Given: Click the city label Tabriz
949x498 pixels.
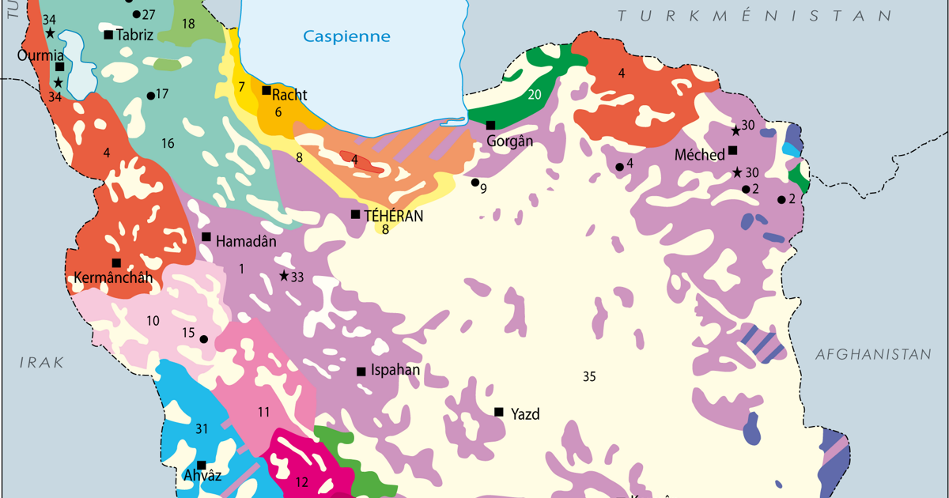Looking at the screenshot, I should tap(134, 34).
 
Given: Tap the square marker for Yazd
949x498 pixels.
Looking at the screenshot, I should tap(499, 412).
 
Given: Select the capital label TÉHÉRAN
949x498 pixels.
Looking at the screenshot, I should tap(394, 216).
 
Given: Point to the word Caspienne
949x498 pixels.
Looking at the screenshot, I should tap(347, 36).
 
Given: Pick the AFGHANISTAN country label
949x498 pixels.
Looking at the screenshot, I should tap(873, 355).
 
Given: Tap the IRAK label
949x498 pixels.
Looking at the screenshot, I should tap(42, 361).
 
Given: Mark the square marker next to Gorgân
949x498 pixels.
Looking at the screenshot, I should tap(490, 125).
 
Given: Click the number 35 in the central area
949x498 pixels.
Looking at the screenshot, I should tap(589, 376).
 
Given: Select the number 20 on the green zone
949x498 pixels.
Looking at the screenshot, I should tap(535, 95).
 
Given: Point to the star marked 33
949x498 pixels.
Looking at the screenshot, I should tap(283, 275).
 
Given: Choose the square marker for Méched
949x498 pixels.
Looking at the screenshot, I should tap(733, 150).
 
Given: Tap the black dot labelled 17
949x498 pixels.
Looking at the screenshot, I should tap(150, 96).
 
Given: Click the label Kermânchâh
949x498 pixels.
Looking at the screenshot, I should tap(112, 277).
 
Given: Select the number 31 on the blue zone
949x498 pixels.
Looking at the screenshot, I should tap(202, 429).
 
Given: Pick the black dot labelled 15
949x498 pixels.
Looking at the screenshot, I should tap(203, 339).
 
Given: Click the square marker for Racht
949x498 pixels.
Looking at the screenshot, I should tap(267, 90).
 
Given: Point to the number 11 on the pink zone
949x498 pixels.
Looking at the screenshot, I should tap(263, 411).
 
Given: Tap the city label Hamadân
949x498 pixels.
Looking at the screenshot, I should tap(246, 241).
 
